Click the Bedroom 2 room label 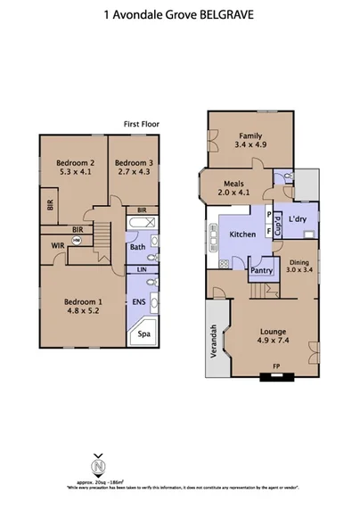point(75,163)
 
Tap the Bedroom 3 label point(134,163)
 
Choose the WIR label point(57,244)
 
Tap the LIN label point(141,268)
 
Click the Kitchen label point(242,234)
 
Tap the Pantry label point(261,270)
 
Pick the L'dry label point(297,218)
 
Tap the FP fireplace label point(273,366)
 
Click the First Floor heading point(143,124)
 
